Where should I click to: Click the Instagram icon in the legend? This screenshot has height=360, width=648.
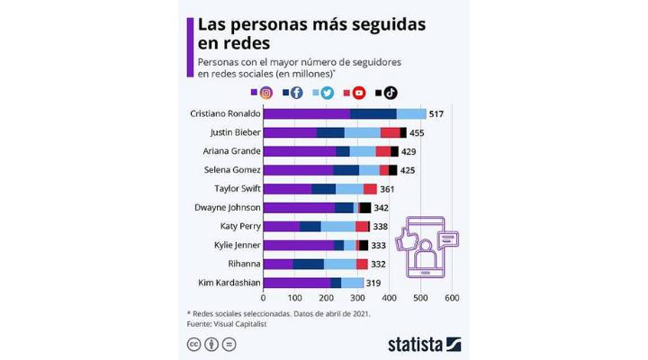click(266, 92)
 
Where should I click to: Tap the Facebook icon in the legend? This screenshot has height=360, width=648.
click(296, 92)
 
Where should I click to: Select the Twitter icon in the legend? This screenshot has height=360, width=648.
click(328, 92)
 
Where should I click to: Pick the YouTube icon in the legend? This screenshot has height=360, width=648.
click(359, 92)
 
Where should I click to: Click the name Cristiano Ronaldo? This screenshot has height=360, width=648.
click(226, 114)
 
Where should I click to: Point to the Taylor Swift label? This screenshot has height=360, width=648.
click(238, 189)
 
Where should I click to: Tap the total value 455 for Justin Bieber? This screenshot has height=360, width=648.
click(417, 133)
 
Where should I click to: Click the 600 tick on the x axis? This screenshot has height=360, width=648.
click(452, 297)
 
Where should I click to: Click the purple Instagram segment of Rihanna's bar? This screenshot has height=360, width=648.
click(278, 264)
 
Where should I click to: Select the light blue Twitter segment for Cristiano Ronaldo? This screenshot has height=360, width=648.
click(411, 114)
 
